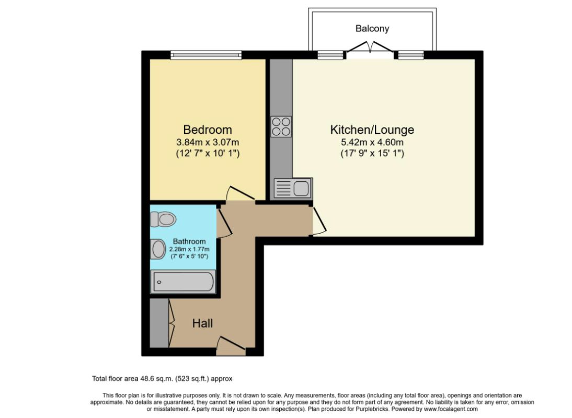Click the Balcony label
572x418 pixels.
coord(372,29)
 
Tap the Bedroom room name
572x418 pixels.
coord(207,130)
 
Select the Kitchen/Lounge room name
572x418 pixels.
coord(372,130)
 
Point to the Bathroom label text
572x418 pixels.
coord(189,241)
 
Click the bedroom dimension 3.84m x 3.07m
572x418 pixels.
coord(207,142)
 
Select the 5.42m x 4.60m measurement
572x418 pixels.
coord(372,142)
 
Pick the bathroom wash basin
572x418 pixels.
coord(157,249)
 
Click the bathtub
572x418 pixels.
coord(182,282)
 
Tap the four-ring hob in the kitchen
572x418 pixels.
coord(281,126)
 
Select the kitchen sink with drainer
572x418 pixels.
coord(293,188)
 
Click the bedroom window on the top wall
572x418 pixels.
coord(206,54)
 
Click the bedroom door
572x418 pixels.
coord(238,194)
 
